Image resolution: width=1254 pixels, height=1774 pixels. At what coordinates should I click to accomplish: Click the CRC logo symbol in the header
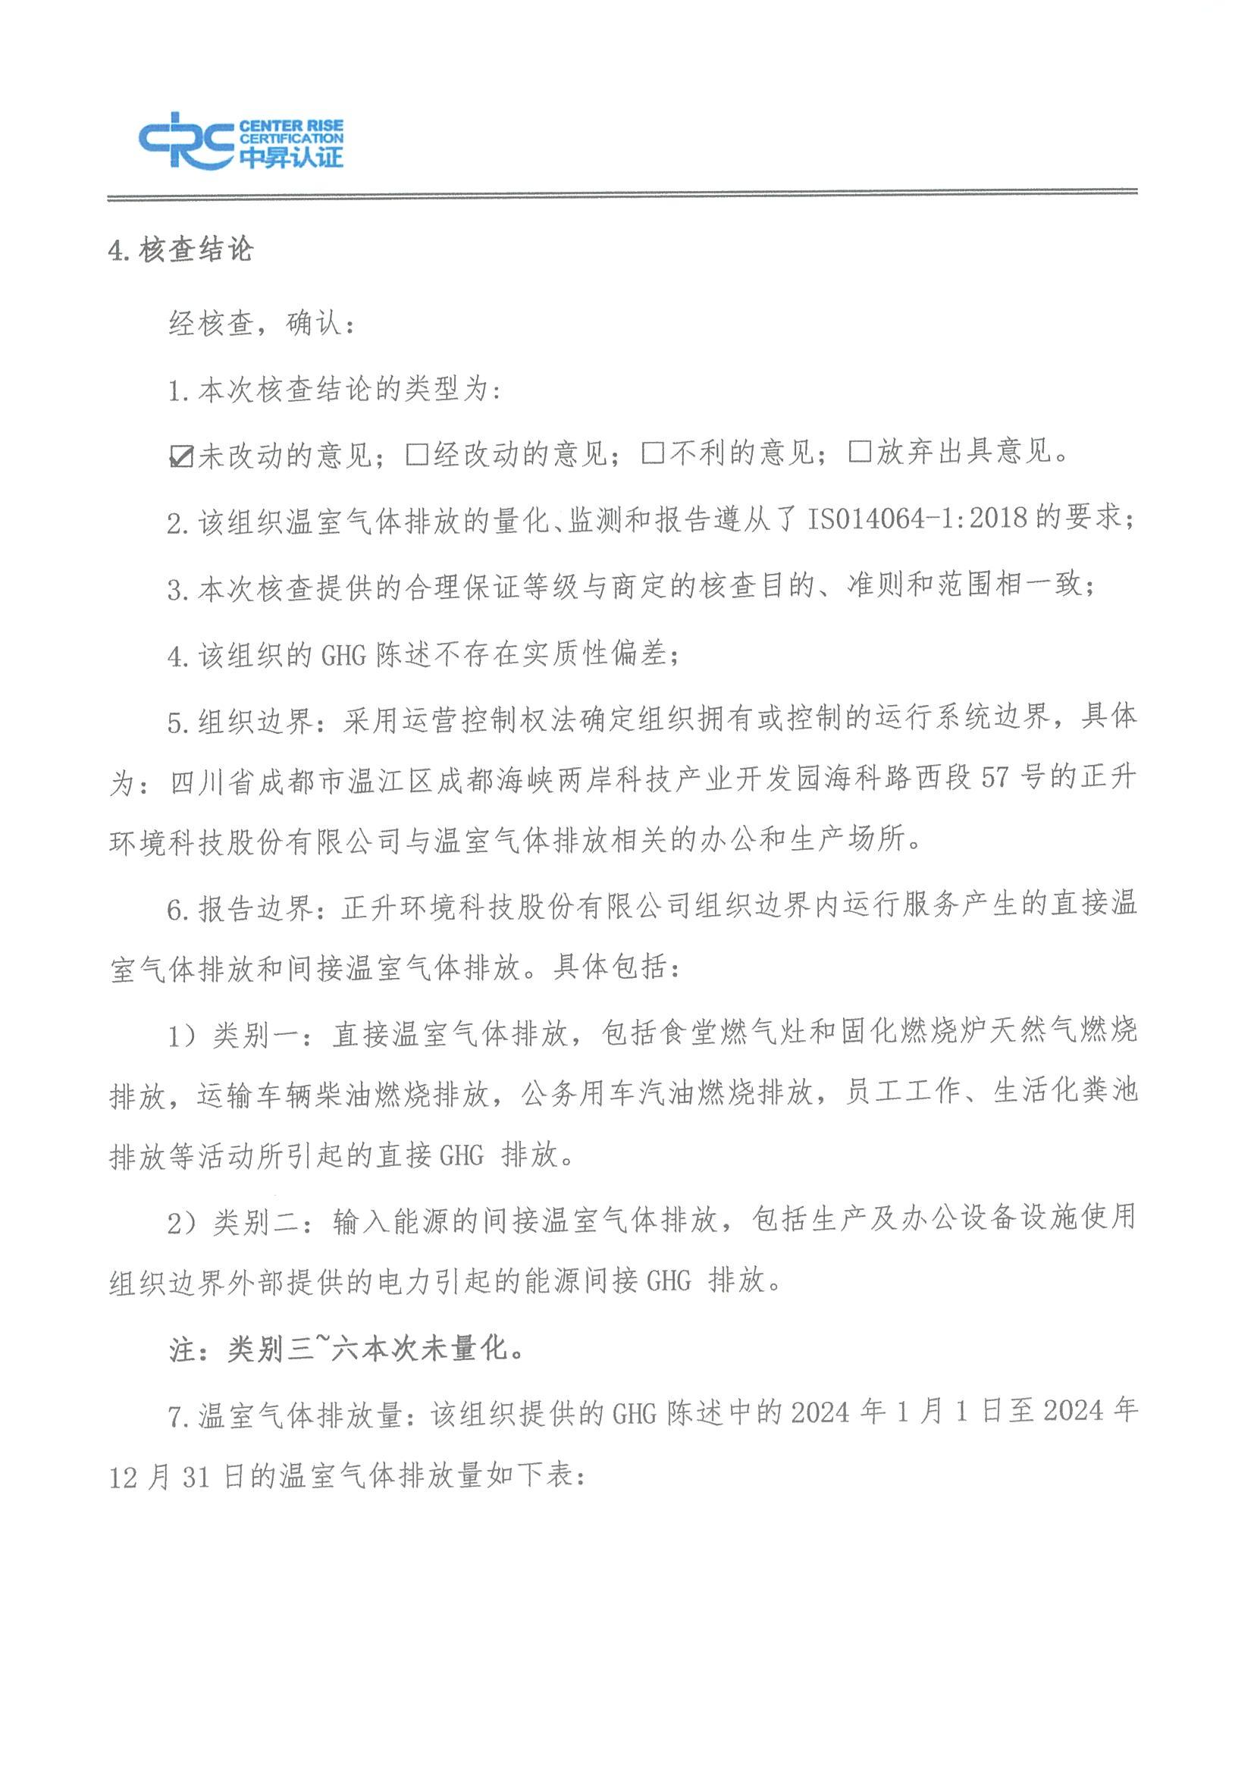click(187, 139)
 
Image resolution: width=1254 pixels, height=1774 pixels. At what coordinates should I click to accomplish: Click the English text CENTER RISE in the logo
click(291, 126)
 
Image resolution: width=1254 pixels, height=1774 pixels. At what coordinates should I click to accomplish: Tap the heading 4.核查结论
click(180, 250)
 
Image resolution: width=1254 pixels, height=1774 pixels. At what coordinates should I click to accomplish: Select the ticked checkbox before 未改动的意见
click(180, 456)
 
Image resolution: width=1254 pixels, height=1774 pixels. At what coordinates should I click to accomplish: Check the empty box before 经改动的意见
click(417, 454)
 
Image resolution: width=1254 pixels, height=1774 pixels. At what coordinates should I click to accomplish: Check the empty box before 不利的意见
click(653, 453)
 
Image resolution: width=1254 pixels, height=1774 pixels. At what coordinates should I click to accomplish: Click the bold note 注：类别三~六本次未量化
click(349, 1348)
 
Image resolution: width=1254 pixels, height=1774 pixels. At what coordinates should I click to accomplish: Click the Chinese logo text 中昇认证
click(291, 157)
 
